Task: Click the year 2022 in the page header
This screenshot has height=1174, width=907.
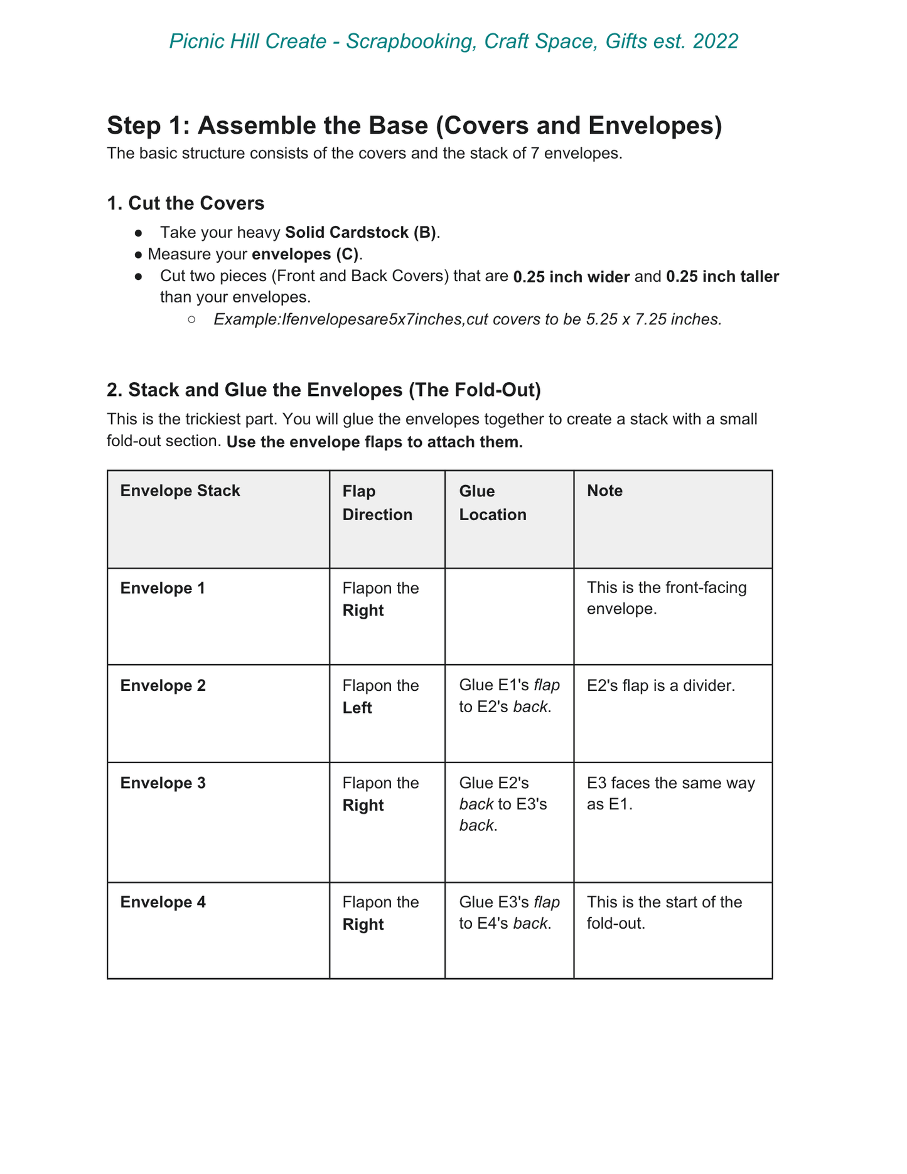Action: coord(716,41)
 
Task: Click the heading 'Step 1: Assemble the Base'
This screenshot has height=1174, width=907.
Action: coord(414,125)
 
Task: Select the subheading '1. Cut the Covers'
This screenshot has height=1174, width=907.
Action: coord(186,203)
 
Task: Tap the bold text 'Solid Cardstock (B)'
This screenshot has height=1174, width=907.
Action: coord(361,232)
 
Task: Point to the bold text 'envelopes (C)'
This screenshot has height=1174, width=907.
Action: coord(306,254)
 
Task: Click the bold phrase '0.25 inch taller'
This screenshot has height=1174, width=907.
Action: coord(722,277)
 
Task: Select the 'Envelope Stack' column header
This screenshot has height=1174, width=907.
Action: coord(180,491)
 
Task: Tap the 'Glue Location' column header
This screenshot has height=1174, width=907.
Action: coord(493,503)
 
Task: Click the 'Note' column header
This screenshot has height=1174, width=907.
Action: coord(604,491)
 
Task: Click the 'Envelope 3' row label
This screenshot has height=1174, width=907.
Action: coord(163,783)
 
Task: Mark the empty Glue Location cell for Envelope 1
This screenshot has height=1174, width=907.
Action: coord(509,616)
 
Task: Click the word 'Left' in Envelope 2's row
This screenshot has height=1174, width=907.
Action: coord(357,708)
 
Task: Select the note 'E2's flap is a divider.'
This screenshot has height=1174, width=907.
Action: coord(660,686)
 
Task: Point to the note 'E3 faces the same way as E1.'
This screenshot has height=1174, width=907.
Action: coord(670,794)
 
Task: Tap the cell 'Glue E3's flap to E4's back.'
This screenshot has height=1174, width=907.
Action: coord(509,913)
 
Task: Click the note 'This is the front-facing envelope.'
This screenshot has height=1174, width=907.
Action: coord(667,599)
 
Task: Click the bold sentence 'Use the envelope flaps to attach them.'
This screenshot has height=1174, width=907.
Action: coord(375,442)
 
